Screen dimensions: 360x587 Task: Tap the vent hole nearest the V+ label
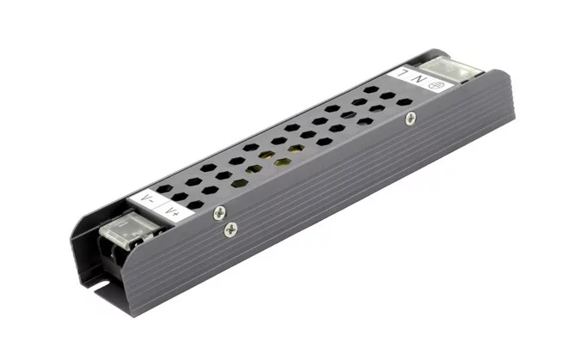click(x=196, y=204)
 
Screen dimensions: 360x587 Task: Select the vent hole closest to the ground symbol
click(x=404, y=101)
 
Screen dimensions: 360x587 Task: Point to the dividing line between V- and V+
click(x=162, y=206)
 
